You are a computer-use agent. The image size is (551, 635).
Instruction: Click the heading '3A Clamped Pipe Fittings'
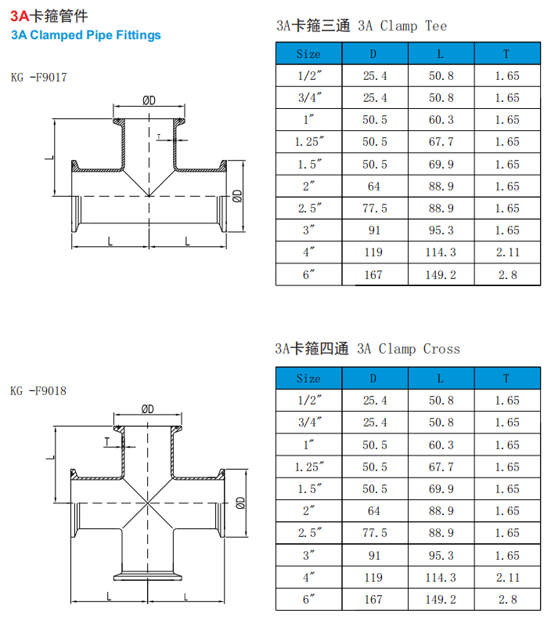tap(86, 35)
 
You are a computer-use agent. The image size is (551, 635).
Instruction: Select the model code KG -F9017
tap(39, 78)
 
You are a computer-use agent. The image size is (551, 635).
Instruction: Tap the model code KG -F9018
tap(39, 390)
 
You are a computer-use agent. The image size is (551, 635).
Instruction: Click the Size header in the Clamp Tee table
tap(308, 54)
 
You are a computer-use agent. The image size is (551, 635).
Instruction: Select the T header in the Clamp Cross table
tap(506, 379)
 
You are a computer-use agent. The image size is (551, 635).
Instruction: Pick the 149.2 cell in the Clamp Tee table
tap(441, 275)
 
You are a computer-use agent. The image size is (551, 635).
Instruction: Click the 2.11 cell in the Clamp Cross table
tap(506, 578)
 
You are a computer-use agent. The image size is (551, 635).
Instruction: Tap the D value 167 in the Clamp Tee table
tap(374, 275)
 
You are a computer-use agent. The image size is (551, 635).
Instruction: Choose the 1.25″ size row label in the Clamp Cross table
tap(308, 467)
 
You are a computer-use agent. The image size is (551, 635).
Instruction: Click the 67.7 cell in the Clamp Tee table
tap(441, 142)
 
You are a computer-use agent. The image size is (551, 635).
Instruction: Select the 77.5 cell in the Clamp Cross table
tap(374, 533)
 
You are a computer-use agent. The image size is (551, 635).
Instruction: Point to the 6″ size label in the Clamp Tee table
tap(308, 275)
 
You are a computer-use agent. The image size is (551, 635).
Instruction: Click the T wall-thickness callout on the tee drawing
tap(159, 136)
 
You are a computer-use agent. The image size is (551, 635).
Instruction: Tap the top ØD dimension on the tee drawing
tap(149, 100)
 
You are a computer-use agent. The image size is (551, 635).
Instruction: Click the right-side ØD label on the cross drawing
tap(240, 502)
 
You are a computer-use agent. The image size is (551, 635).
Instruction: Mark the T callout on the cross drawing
tap(106, 441)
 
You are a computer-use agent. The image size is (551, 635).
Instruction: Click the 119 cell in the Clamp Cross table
tap(374, 578)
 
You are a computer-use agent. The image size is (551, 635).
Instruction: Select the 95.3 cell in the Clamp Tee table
tap(441, 230)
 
